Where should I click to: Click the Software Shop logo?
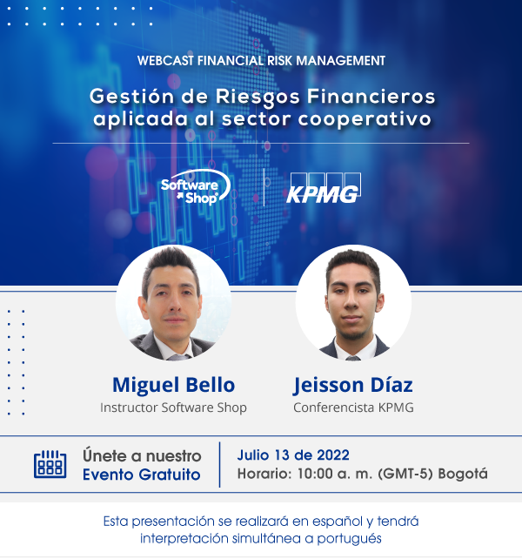click(196, 187)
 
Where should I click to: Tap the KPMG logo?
click(324, 189)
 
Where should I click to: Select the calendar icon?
click(50, 464)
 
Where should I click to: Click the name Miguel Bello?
click(173, 385)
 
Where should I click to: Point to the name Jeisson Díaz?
click(352, 386)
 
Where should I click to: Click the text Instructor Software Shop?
click(173, 407)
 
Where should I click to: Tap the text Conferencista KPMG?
click(353, 407)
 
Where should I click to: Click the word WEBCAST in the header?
click(165, 61)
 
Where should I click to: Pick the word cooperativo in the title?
click(365, 118)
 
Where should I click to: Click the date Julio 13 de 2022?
click(293, 455)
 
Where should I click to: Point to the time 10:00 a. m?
click(335, 474)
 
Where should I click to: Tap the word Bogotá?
click(463, 474)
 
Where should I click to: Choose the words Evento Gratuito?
click(142, 475)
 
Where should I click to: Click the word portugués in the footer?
click(349, 539)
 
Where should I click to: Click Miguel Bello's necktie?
click(179, 357)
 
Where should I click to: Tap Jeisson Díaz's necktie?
click(352, 358)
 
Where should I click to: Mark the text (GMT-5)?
click(405, 474)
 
